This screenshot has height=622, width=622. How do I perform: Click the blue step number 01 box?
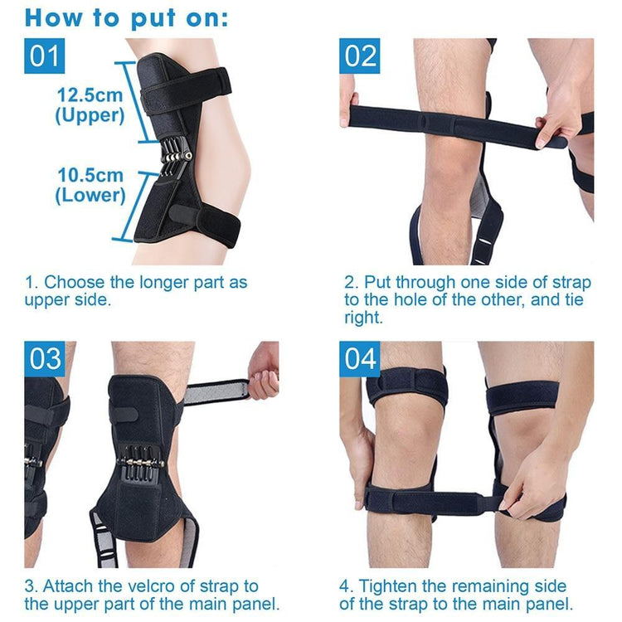click(x=45, y=56)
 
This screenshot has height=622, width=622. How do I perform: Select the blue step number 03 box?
click(x=45, y=358)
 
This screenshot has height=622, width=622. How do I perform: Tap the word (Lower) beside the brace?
click(x=90, y=197)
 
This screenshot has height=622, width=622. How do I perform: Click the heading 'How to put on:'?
click(x=126, y=17)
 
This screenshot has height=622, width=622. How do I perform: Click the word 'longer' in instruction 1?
click(x=154, y=283)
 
